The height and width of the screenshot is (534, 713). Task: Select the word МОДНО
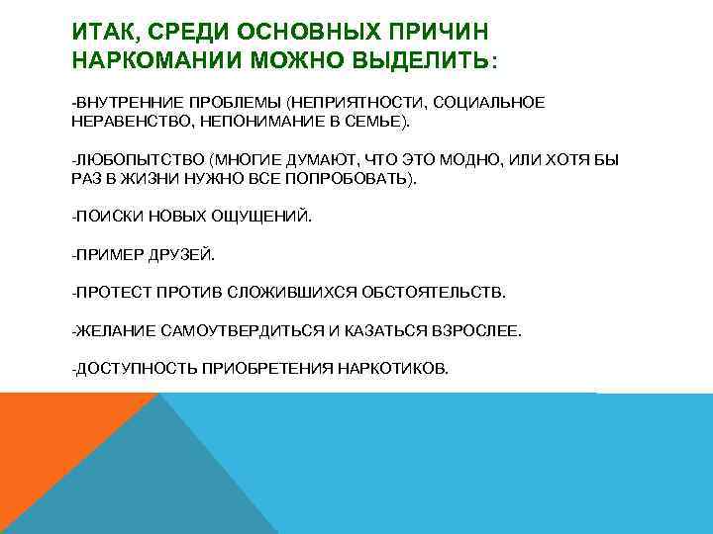pyautogui.click(x=473, y=160)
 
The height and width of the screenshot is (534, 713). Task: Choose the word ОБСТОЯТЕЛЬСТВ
pyautogui.click(x=435, y=294)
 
